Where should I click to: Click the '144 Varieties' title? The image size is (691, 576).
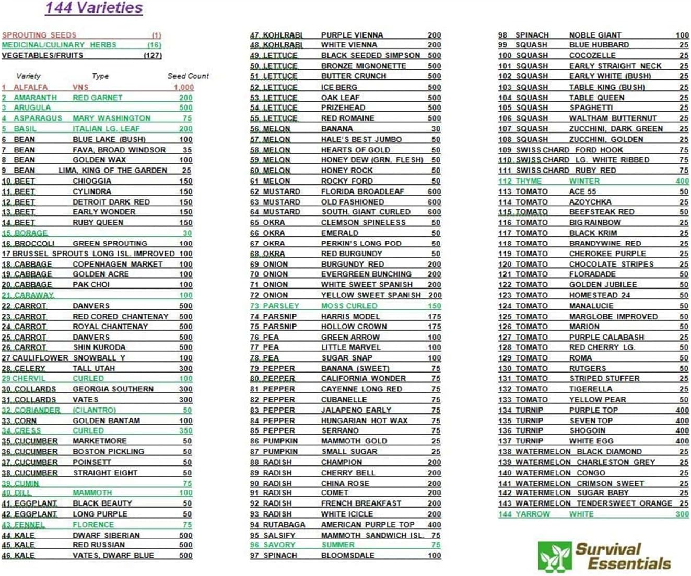coord(94,8)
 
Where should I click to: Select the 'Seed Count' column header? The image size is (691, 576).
coord(188,76)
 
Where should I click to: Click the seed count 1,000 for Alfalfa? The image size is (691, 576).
coord(184,87)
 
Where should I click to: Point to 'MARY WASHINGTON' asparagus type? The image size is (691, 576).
coord(111,118)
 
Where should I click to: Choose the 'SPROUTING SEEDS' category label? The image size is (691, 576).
coord(39,35)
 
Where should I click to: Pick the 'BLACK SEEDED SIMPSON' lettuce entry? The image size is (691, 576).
coord(370,55)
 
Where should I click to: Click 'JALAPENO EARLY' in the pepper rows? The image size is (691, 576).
coord(356,410)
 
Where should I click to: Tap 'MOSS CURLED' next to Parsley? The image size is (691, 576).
coord(349,306)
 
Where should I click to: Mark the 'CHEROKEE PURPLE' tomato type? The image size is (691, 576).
coord(607,254)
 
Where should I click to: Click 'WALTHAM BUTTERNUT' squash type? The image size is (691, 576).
coord(613,118)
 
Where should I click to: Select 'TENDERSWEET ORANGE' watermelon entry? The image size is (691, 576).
coord(624,503)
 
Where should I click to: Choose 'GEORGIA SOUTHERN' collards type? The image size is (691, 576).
coord(113,389)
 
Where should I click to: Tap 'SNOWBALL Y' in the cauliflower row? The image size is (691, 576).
coord(99,358)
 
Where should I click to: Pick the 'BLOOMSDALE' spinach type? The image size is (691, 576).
coord(347,555)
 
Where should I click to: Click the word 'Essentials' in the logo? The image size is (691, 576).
coord(629,563)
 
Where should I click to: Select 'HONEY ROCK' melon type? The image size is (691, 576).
coord(347,171)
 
